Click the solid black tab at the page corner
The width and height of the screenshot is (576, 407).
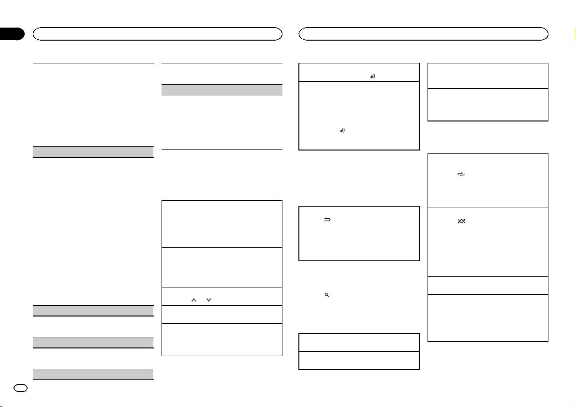12,34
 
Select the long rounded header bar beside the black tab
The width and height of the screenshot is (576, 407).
157,33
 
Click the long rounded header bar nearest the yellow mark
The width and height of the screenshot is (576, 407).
424,33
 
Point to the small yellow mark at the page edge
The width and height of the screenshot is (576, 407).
575,34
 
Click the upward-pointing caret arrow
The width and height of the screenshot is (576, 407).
193,301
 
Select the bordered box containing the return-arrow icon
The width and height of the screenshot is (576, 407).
358,233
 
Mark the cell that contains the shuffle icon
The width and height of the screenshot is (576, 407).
488,241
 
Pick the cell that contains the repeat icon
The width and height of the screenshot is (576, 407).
488,180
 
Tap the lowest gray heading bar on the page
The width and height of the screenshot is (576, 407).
94,375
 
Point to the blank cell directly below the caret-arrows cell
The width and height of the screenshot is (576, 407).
222,314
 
